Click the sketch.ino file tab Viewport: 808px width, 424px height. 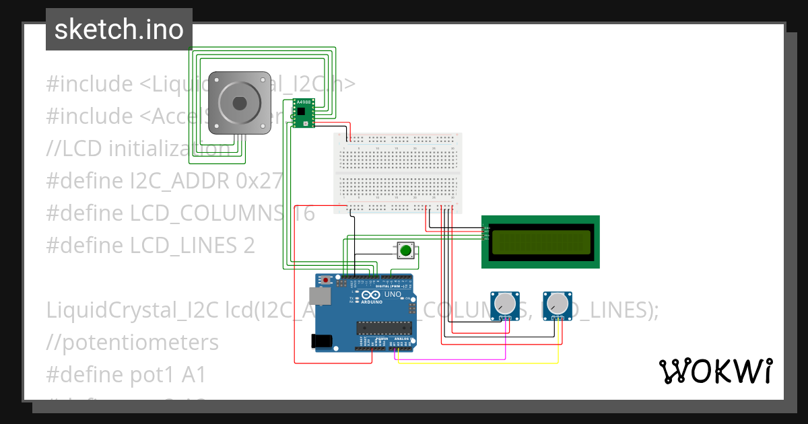click(119, 30)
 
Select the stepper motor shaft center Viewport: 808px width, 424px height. click(239, 102)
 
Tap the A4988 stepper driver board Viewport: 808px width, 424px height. click(303, 112)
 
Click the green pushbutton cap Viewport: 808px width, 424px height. click(405, 251)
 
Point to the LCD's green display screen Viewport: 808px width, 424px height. click(541, 242)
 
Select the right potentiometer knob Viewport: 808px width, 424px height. click(557, 304)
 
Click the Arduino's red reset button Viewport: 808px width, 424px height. click(327, 279)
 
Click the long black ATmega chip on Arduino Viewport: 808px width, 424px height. click(384, 328)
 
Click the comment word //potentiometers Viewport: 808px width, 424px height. click(132, 342)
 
